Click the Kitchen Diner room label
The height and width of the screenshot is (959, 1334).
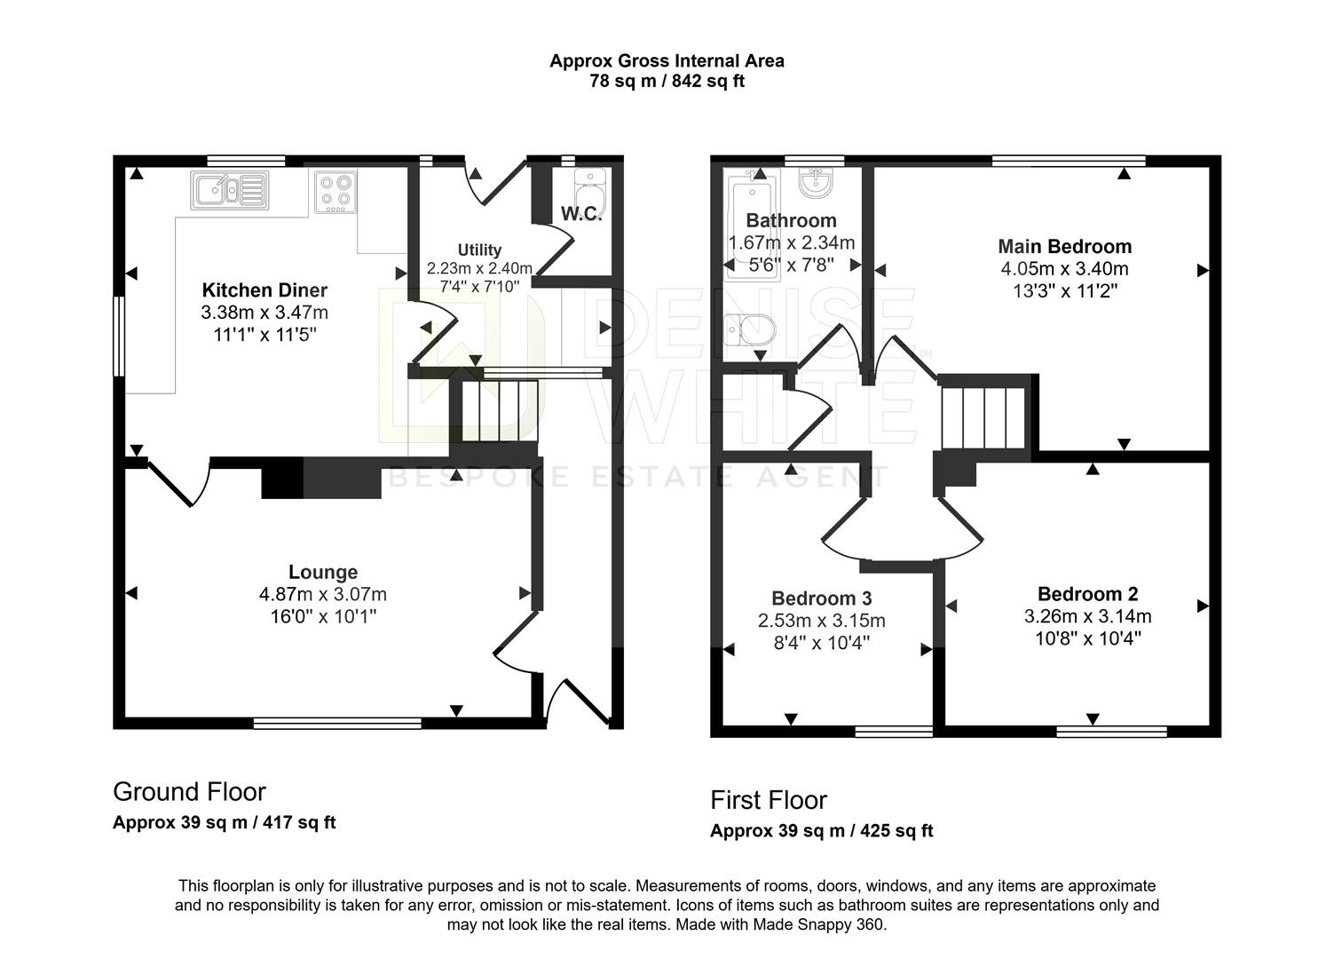[264, 290]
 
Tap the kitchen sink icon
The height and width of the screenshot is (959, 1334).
[228, 190]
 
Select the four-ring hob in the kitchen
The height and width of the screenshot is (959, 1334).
[335, 192]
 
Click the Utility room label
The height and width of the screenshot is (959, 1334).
[479, 250]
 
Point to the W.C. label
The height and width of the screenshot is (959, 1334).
[581, 214]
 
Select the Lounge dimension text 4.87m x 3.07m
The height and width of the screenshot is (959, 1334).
[323, 594]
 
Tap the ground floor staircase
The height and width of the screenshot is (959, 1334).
[500, 410]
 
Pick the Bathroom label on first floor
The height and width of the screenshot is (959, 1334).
[791, 220]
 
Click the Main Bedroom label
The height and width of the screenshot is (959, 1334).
[1064, 247]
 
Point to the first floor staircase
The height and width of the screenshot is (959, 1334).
[983, 417]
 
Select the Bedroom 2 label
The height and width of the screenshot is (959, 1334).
[1087, 594]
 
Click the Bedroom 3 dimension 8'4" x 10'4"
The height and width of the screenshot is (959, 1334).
[821, 642]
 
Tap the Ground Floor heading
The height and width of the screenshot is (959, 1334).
[189, 791]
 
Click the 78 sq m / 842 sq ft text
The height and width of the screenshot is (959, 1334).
[667, 82]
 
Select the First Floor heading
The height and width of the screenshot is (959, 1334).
[769, 800]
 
